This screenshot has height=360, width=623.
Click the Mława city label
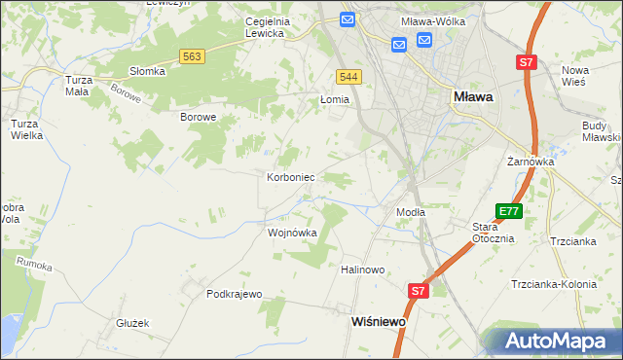tap(473, 97)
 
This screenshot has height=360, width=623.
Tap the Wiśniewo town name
tap(377, 319)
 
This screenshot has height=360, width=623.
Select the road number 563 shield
tap(192, 57)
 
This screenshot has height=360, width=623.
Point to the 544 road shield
tap(349, 76)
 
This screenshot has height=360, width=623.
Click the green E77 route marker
tap(507, 211)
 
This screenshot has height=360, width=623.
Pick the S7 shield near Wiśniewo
tap(418, 290)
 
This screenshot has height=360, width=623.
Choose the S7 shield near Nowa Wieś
tap(527, 62)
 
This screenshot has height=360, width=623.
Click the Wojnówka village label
tap(292, 234)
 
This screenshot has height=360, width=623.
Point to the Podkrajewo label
tap(235, 293)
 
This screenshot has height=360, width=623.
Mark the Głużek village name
tap(131, 323)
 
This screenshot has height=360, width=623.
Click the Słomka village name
tap(148, 71)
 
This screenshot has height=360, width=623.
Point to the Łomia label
tap(335, 99)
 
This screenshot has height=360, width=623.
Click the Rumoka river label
tap(33, 263)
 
